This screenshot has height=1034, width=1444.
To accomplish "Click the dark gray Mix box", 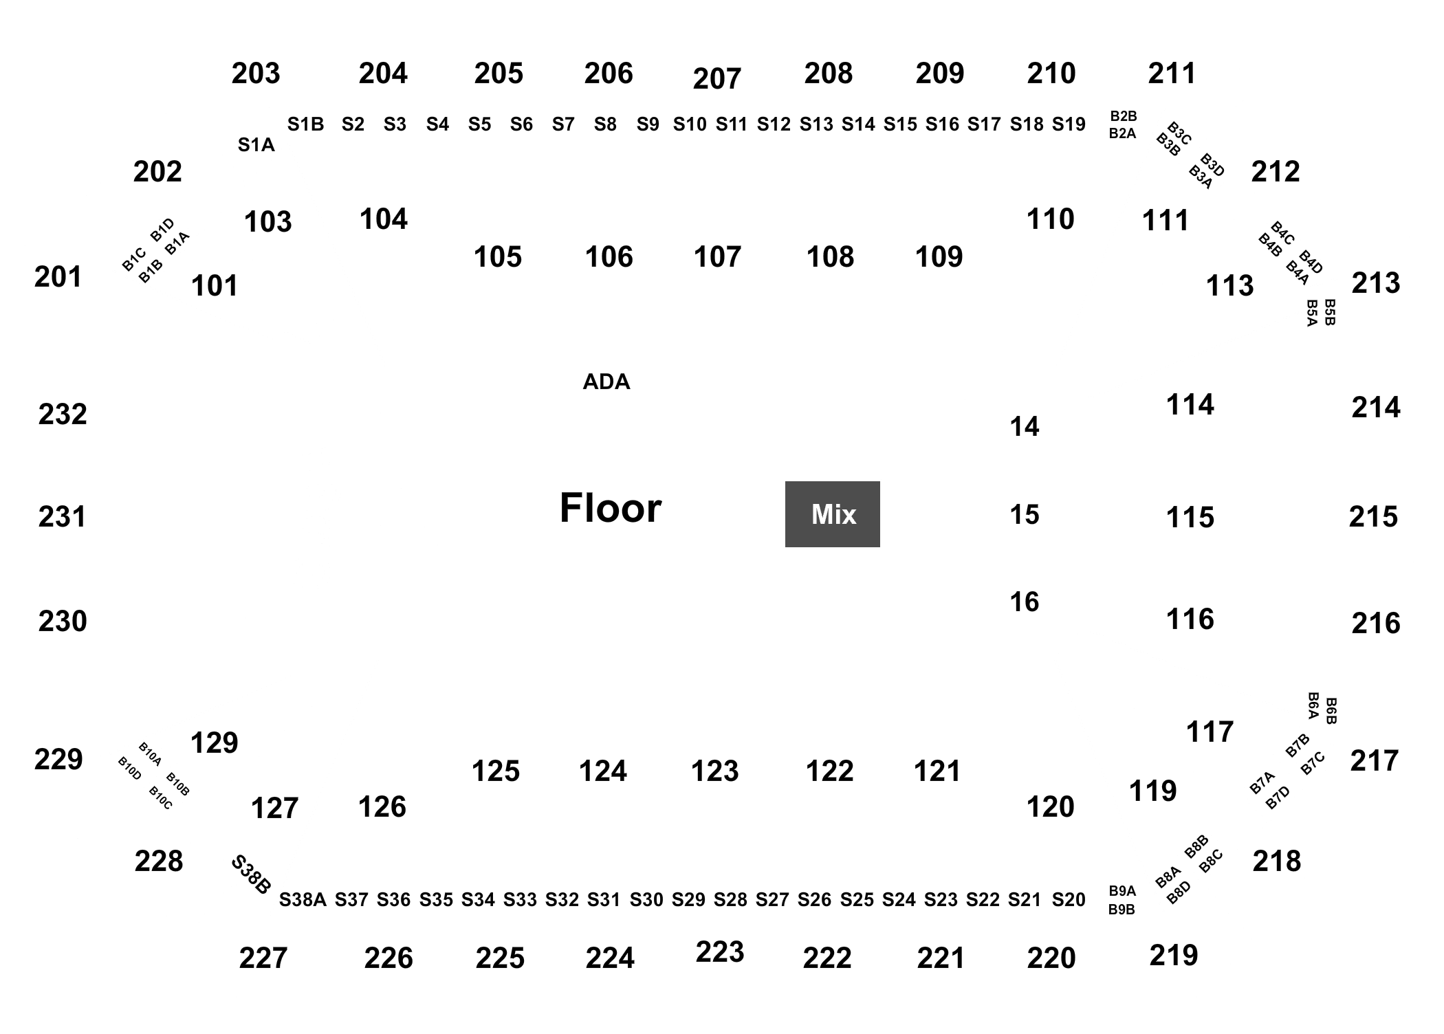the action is [x=832, y=514].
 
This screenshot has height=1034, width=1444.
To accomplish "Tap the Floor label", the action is [x=611, y=508].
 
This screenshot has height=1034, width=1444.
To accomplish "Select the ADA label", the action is [x=606, y=382].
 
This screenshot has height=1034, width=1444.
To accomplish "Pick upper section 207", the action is [x=717, y=79].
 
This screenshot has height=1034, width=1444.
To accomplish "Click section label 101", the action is [x=215, y=286].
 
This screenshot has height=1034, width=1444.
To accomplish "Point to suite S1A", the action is [x=256, y=145].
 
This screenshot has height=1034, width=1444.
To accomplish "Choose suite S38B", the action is [x=250, y=874].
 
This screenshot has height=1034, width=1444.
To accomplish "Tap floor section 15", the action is [x=1025, y=514].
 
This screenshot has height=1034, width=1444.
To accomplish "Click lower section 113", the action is [x=1230, y=285].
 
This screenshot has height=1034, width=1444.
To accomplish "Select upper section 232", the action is [x=63, y=414].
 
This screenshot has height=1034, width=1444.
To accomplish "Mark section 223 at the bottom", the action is [x=720, y=952].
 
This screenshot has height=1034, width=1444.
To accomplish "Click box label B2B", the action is [x=1123, y=116].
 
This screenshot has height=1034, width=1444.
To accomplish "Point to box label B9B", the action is [x=1122, y=910].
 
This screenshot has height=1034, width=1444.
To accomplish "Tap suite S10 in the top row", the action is [x=690, y=124].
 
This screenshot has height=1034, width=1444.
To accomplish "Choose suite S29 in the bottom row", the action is [x=688, y=899].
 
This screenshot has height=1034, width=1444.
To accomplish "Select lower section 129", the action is [x=215, y=742].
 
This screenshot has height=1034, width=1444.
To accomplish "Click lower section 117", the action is [x=1210, y=731].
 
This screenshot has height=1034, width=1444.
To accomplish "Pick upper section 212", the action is [x=1276, y=172].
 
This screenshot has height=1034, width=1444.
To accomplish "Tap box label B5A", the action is [x=1312, y=313].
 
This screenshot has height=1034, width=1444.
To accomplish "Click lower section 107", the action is [x=717, y=257].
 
